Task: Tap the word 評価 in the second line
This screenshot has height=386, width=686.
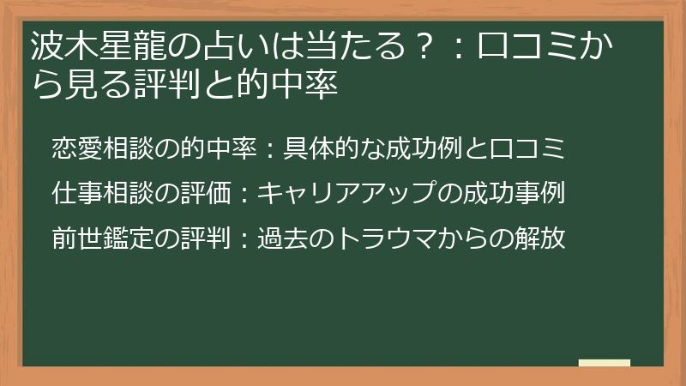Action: coord(211,194)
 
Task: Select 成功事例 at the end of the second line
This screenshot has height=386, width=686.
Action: coord(523,194)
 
